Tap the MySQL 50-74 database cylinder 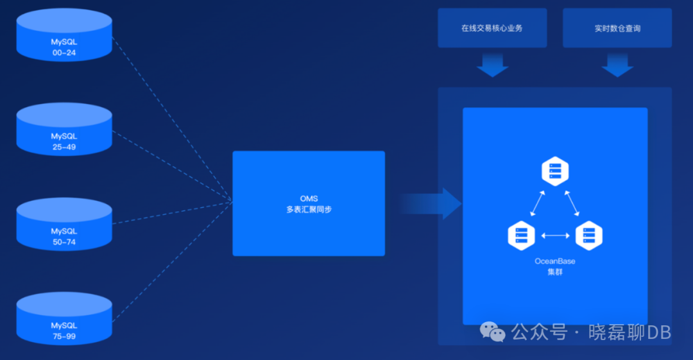[x=64, y=228]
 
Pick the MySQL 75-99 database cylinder [x=64, y=323]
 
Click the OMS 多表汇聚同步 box [x=309, y=203]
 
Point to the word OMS [x=309, y=198]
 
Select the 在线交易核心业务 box [x=492, y=28]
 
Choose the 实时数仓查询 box [x=617, y=28]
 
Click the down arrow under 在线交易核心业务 [x=492, y=65]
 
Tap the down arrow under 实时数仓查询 [x=617, y=65]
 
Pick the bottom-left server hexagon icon [x=521, y=236]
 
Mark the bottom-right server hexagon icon [x=588, y=236]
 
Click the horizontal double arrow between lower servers [x=555, y=236]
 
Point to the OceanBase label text [x=555, y=261]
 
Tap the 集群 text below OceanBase [x=555, y=272]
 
